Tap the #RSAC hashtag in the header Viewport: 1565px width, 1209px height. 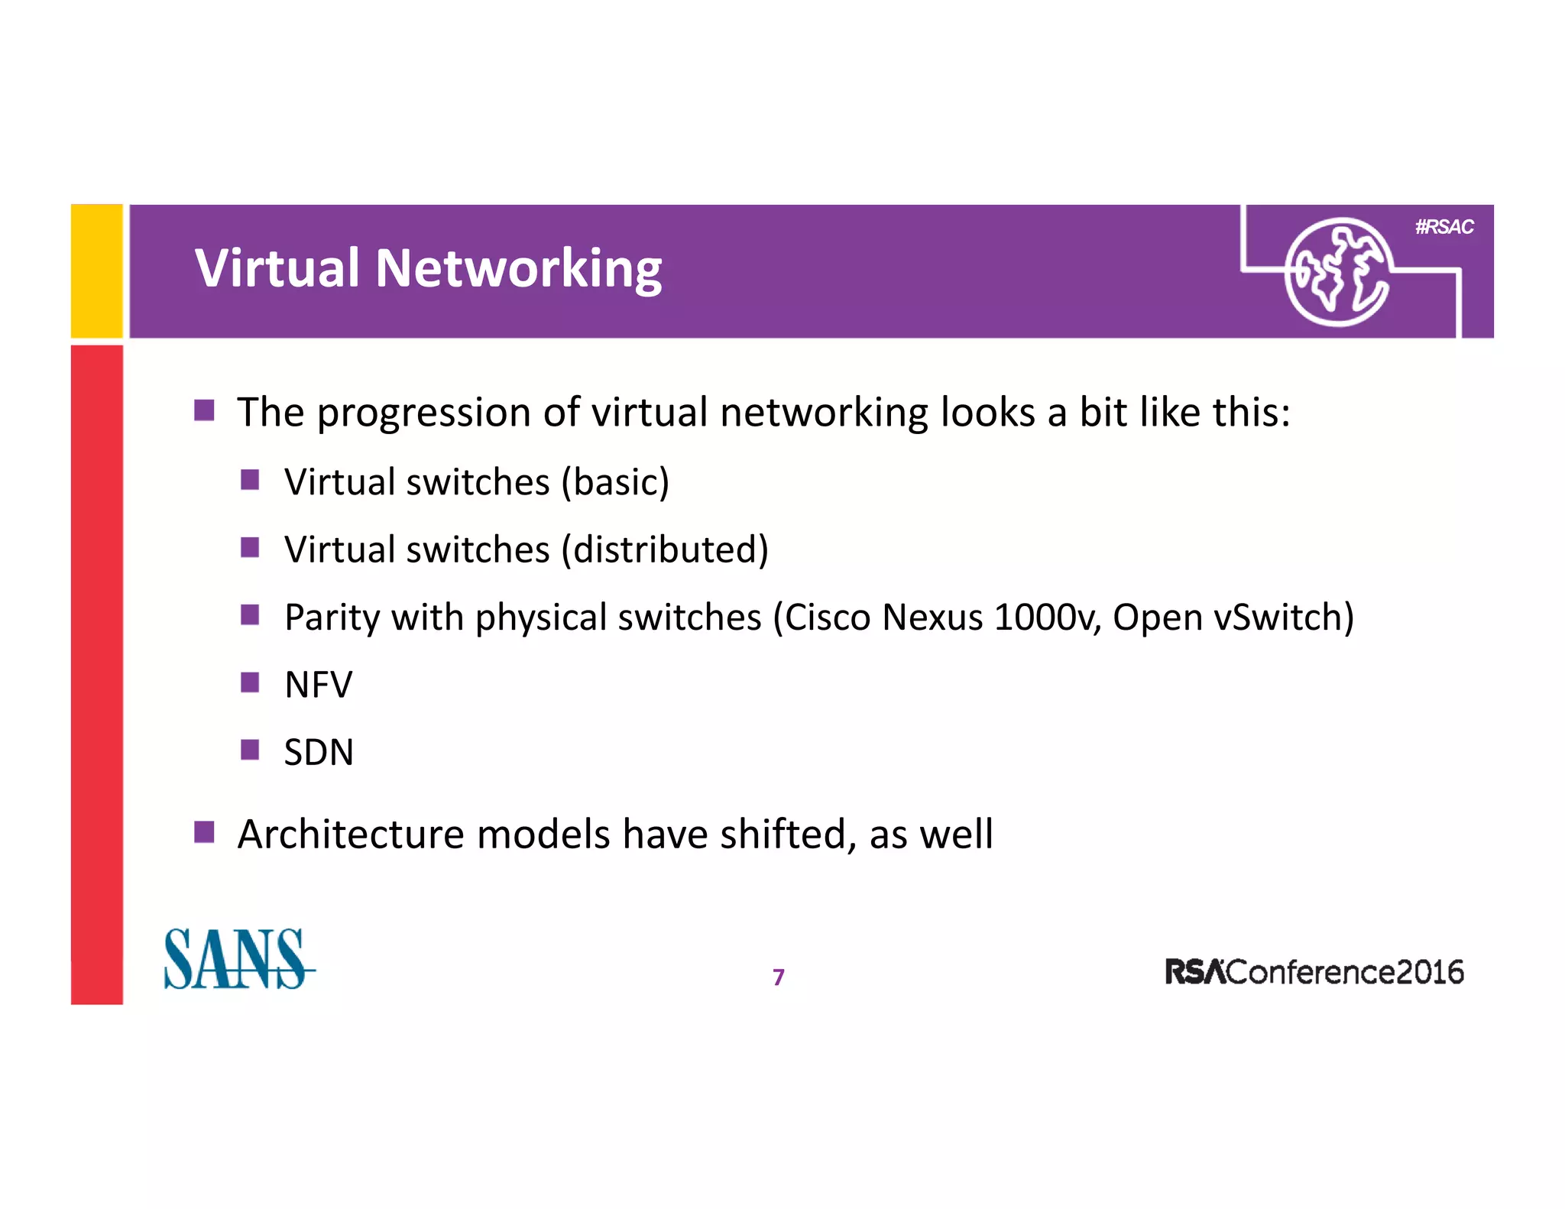(1443, 227)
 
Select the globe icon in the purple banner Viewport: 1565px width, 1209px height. (1337, 272)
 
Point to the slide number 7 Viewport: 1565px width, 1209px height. (778, 977)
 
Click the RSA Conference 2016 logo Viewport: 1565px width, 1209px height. (1314, 972)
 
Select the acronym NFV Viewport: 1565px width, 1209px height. (318, 685)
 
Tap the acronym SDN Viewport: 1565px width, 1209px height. (318, 752)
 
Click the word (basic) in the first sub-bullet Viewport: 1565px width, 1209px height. (615, 482)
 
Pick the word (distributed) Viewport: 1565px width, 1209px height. (664, 549)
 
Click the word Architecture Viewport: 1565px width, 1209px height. (350, 834)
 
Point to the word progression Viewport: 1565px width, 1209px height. (424, 413)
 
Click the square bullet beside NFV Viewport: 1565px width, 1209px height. (250, 682)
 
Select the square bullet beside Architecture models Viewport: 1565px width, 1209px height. (204, 831)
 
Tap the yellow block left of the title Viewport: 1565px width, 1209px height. (97, 271)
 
